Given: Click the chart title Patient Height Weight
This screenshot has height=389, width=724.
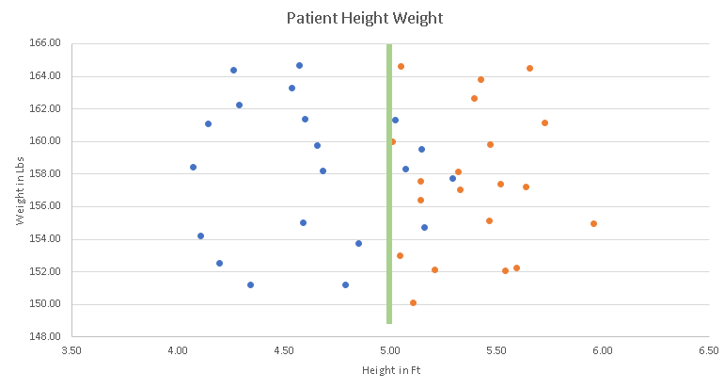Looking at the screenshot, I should point(364,17).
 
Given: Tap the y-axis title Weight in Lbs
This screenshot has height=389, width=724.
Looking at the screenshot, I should point(20,188).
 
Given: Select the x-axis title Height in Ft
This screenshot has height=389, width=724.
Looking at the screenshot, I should point(390,370).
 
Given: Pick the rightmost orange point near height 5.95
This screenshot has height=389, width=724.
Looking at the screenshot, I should point(593,223).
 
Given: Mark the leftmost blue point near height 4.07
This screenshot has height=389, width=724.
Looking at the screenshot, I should point(193,167).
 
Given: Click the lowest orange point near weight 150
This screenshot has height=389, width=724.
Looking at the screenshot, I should point(413,302).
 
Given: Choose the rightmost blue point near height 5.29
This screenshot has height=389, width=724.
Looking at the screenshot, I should point(452,178).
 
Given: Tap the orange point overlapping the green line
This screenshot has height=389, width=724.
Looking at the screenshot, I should point(392,141).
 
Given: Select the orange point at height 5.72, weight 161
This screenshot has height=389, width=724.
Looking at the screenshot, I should point(544,122).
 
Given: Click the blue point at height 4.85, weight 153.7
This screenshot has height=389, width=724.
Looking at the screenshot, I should point(358,243).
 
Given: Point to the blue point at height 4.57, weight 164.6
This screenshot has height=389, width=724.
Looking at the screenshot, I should point(299,65).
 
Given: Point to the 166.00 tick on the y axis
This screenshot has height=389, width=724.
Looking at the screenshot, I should point(47,43).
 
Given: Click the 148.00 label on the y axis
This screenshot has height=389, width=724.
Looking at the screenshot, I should point(47,336).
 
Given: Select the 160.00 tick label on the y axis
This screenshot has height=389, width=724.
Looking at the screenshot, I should point(47,141).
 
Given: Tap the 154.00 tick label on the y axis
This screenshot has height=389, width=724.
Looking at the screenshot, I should point(47,238).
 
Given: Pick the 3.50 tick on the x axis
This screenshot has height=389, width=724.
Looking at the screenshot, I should point(71,349).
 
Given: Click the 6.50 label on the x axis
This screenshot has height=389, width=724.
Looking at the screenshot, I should point(709,349).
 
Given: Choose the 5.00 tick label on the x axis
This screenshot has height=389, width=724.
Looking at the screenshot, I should point(390,349).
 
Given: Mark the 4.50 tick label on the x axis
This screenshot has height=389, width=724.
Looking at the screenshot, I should point(284,349).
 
